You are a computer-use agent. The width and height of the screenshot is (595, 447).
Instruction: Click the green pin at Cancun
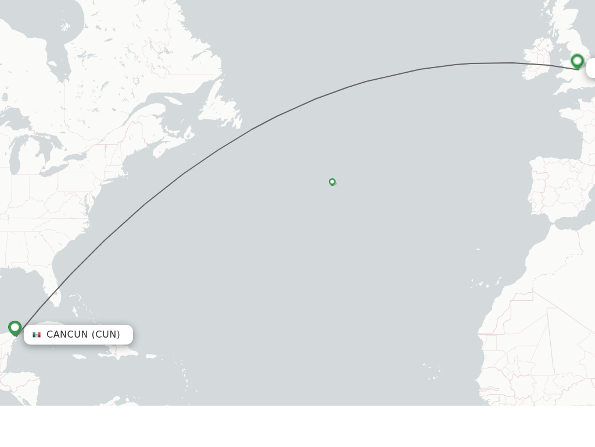(x=15, y=328)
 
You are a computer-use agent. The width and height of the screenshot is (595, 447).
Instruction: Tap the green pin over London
(x=577, y=61)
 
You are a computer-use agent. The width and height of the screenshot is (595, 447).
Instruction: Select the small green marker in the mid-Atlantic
(x=332, y=182)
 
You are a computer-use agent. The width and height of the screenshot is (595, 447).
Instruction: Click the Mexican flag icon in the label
(x=37, y=335)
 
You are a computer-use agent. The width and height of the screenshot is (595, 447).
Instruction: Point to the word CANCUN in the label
(x=67, y=335)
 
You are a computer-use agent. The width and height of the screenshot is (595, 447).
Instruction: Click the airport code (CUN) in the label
(x=106, y=335)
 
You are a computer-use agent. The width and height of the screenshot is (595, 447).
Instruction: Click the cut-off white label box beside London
(x=590, y=68)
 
